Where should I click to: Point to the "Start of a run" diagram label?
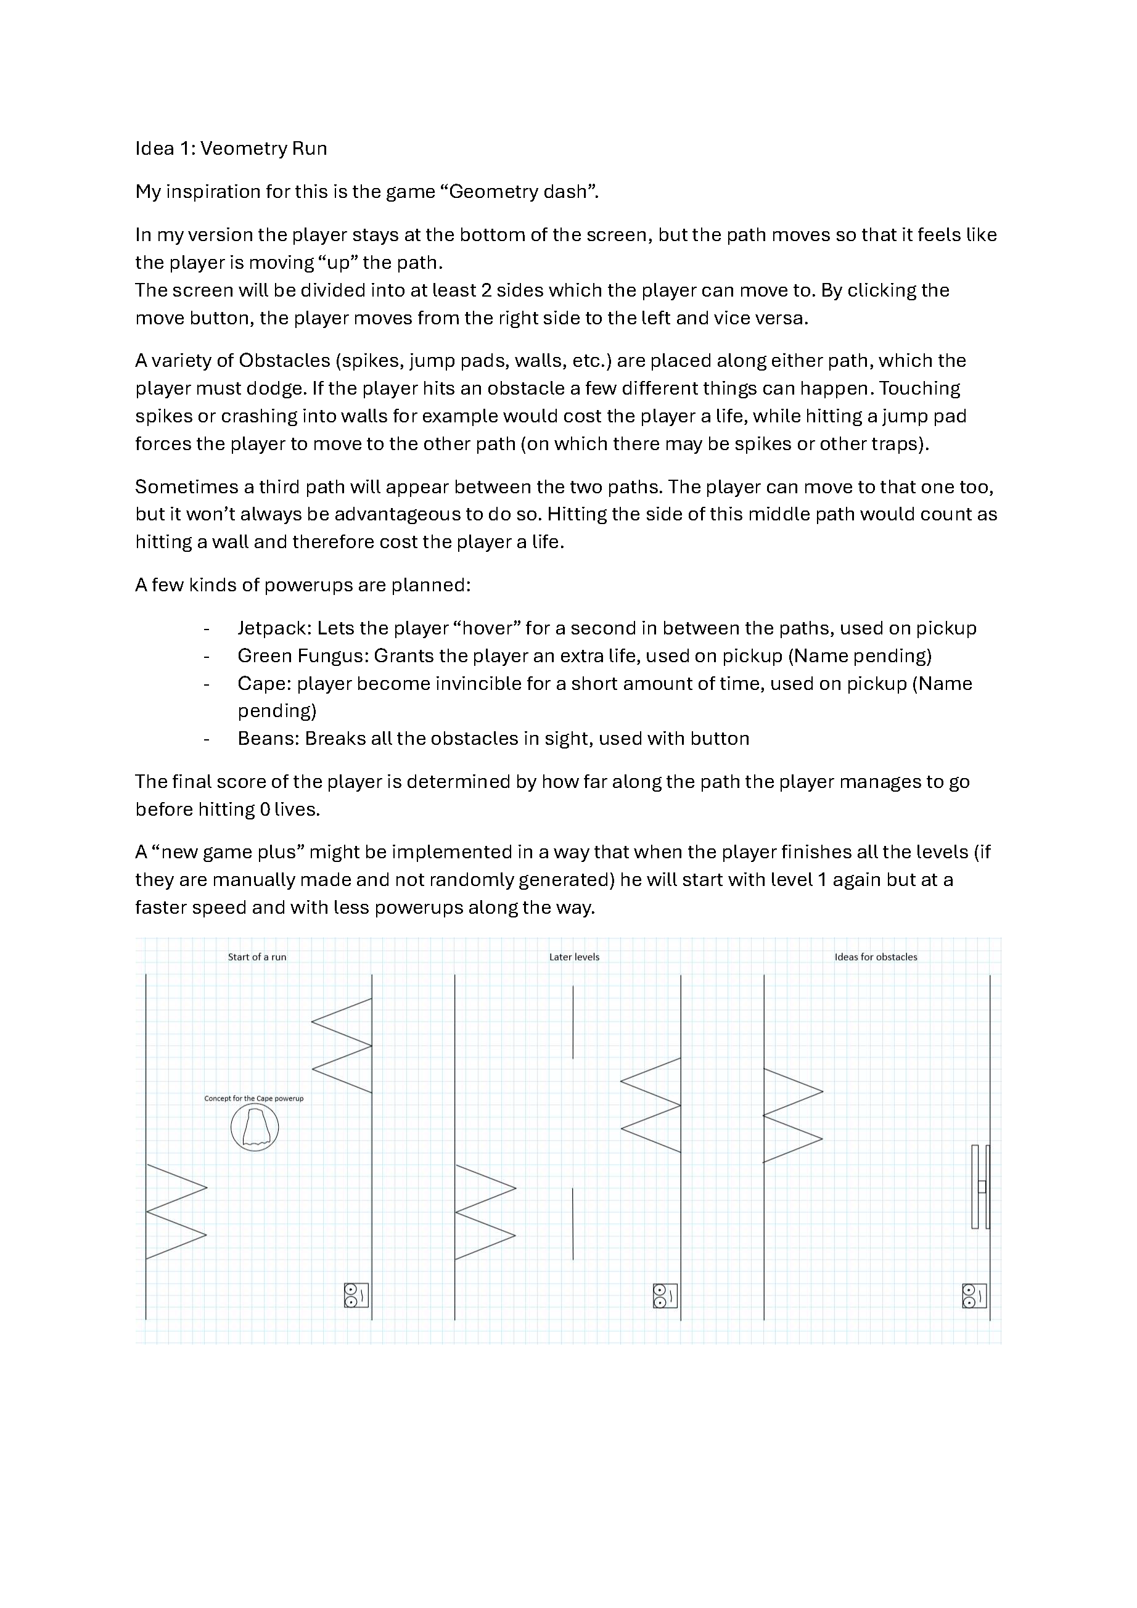pyautogui.click(x=257, y=958)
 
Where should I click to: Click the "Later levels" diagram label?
pyautogui.click(x=574, y=958)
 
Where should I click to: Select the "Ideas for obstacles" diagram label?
pyautogui.click(x=876, y=958)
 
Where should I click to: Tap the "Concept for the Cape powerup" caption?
pyautogui.click(x=253, y=1099)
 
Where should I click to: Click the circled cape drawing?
pyautogui.click(x=254, y=1128)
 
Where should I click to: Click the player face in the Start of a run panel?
pyautogui.click(x=356, y=1295)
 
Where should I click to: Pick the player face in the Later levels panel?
pyautogui.click(x=665, y=1295)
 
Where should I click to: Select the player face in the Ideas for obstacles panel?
pyautogui.click(x=974, y=1295)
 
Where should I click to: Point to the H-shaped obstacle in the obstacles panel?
pyautogui.click(x=981, y=1186)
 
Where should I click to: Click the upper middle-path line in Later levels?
pyautogui.click(x=573, y=1022)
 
